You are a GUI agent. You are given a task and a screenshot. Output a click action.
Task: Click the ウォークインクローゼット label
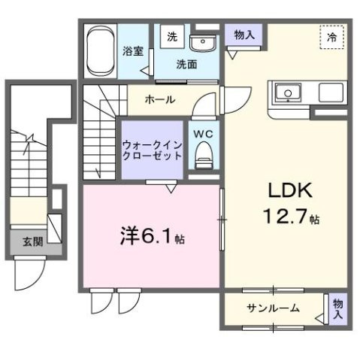(x=153, y=150)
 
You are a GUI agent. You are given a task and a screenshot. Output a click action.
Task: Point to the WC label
(x=204, y=134)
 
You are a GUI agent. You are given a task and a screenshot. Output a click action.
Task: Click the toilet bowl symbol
(x=203, y=158)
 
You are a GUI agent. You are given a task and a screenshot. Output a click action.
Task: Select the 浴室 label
(x=135, y=52)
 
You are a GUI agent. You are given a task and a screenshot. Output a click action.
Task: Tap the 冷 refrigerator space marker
(x=331, y=37)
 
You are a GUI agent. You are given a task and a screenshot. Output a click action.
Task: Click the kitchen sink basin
(x=287, y=94)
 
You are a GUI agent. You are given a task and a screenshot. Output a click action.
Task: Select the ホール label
(x=160, y=99)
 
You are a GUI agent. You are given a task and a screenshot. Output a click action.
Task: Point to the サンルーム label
(x=274, y=308)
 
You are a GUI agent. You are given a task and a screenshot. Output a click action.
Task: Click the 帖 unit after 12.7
(x=316, y=220)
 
